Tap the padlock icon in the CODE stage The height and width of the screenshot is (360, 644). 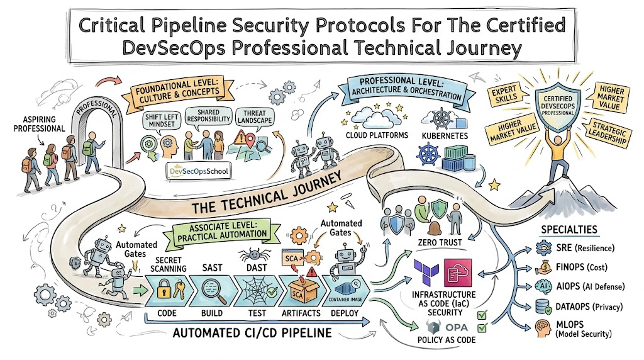point(164,289)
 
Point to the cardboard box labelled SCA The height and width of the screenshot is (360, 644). point(299,291)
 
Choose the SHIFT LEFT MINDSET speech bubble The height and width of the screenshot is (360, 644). point(162,121)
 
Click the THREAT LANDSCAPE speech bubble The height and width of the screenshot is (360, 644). point(255,116)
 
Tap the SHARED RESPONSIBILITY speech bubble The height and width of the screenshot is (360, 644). point(208,116)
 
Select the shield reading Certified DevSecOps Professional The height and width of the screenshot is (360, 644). point(558,106)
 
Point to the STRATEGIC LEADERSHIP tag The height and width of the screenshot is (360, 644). point(609,132)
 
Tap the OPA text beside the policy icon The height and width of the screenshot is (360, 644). point(457,327)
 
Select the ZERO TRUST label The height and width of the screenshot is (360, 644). point(440,242)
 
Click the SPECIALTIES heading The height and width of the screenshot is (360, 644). point(569,230)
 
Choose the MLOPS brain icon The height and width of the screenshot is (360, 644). point(543,329)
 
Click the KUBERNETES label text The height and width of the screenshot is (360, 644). point(445,135)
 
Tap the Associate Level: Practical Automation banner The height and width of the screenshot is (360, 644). point(222,232)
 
